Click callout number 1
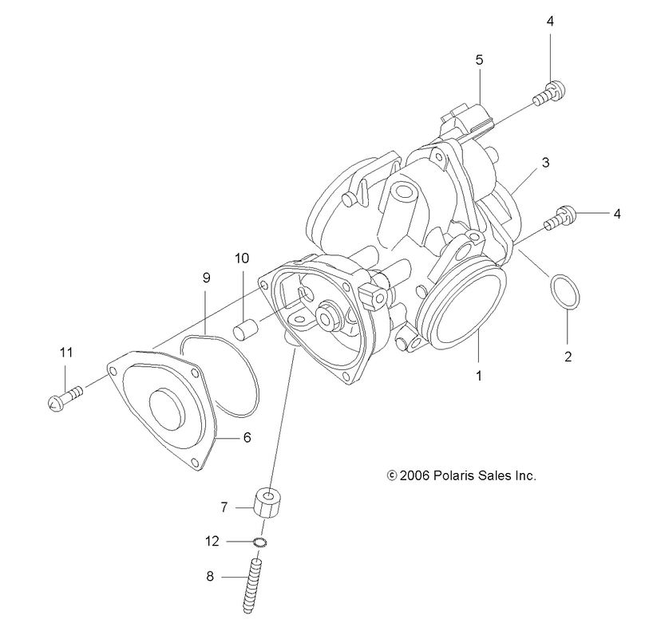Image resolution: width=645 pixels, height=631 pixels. [479, 372]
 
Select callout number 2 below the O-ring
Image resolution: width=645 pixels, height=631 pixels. [568, 357]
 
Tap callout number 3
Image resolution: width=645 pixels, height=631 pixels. [546, 162]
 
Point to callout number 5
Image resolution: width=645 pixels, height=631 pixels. [479, 59]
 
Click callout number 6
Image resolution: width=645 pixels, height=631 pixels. [246, 438]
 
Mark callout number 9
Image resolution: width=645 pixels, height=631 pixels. [206, 278]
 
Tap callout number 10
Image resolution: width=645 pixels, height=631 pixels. [242, 258]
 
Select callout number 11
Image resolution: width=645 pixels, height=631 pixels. [65, 352]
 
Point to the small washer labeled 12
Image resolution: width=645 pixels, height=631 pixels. [259, 542]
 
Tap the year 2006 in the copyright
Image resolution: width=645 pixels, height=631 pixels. [414, 475]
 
